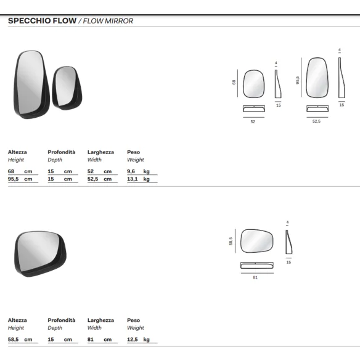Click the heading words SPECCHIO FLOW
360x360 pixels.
point(43,21)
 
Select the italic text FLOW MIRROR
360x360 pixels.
point(108,21)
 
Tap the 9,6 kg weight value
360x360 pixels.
point(139,171)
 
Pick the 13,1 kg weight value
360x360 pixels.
point(139,179)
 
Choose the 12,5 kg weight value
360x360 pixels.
point(139,339)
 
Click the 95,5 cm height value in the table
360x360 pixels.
point(20,179)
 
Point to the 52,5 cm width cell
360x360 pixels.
point(100,179)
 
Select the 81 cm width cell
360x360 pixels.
point(100,339)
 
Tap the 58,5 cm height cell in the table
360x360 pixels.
point(20,339)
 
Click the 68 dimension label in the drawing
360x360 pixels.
point(234,82)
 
